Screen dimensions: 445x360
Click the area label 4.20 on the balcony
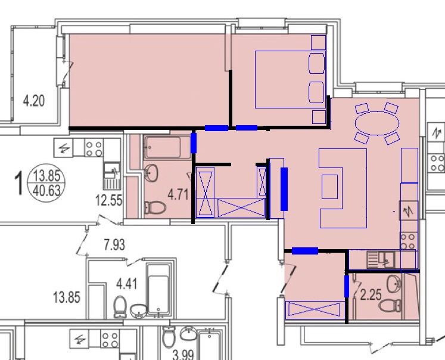34,101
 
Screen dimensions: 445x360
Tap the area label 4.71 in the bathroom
178,195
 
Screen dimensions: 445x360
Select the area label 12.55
108,200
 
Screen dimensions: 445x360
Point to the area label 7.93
114,245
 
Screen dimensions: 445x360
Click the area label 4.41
126,284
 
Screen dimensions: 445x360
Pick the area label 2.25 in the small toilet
371,294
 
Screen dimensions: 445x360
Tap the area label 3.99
183,355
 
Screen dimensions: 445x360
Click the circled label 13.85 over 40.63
46,182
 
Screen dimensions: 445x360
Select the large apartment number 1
19,184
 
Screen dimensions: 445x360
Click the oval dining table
377,123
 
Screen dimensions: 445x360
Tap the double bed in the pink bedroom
290,79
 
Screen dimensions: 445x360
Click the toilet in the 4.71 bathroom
155,207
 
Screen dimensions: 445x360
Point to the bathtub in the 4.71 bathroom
167,147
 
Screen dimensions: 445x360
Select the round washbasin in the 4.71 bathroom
151,173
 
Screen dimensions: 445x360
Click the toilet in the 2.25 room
390,306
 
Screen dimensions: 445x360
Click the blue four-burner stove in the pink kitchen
409,240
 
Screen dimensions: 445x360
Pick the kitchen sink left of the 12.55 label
112,175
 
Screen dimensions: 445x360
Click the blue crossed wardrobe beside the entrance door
315,309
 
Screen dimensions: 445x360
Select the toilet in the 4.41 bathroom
120,306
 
